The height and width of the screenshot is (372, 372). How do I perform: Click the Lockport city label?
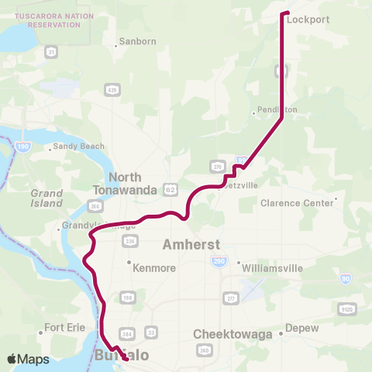coord(308,20)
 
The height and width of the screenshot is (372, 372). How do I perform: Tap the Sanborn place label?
coord(139,41)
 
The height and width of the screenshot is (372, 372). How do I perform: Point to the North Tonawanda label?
coord(118,183)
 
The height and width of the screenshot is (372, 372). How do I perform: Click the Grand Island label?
coord(46,198)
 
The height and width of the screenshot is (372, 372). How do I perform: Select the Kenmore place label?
coord(155,267)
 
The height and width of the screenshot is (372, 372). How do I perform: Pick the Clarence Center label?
coord(296,203)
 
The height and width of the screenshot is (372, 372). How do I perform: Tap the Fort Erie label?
coord(65,328)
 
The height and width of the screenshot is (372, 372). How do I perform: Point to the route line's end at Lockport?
coord(286,13)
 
